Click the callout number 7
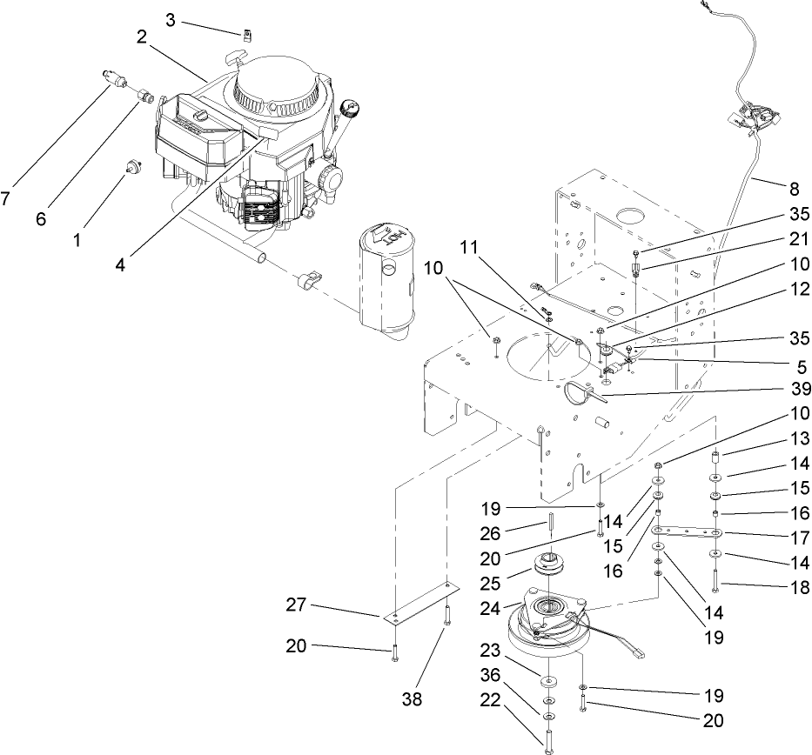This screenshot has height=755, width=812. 6,198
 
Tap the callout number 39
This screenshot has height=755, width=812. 800,387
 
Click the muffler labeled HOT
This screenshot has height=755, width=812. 386,278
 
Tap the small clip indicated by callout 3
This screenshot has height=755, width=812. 246,34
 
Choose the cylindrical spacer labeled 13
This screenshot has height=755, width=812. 715,458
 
